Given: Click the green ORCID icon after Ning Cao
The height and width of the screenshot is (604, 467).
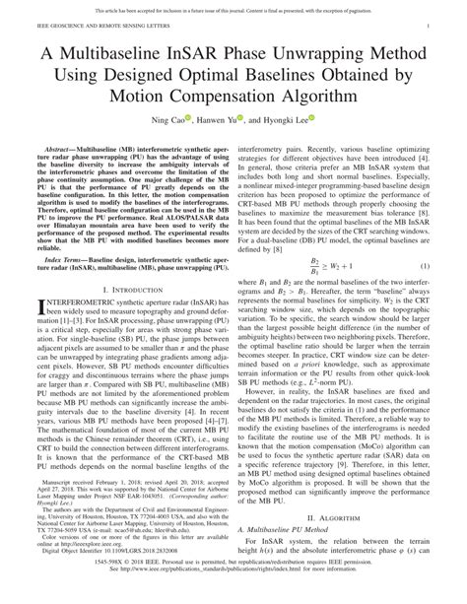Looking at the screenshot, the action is [188, 123].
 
